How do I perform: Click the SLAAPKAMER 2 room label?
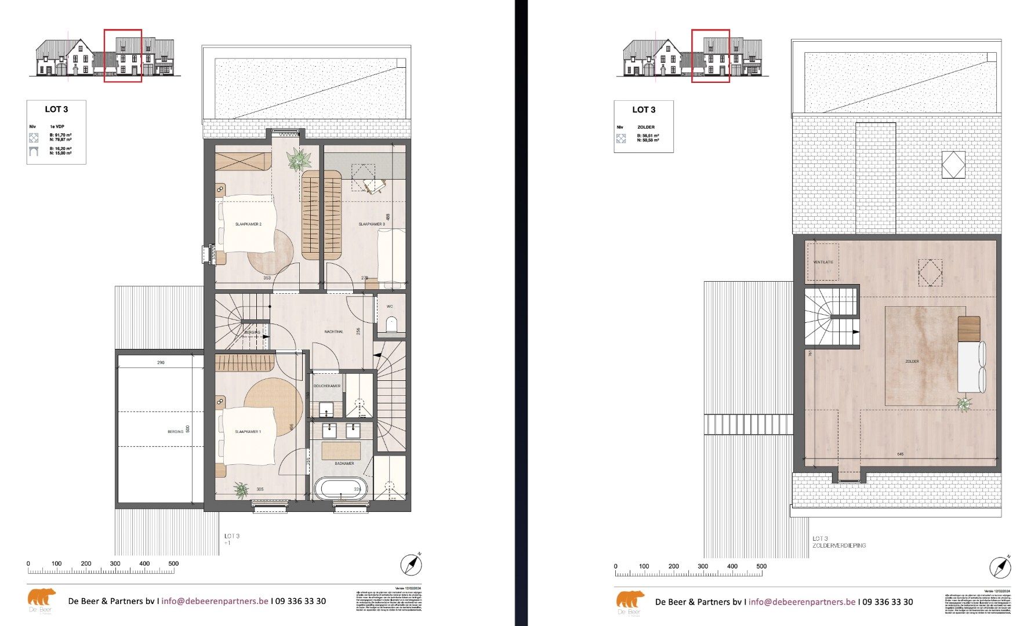248,224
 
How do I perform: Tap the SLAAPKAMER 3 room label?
371,224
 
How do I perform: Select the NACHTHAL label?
333,332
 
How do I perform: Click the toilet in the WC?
391,323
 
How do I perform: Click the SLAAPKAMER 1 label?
248,432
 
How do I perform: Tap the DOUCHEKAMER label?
327,385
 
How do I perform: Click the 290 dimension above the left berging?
161,362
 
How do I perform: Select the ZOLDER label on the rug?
912,361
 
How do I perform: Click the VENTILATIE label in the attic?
823,262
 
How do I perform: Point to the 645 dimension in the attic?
900,454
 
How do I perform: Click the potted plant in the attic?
964,404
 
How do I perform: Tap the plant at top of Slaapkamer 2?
298,158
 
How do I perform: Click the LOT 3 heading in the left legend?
56,109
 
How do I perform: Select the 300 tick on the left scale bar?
115,563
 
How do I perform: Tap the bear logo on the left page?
42,598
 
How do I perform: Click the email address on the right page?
801,602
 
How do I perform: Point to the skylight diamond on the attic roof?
953,165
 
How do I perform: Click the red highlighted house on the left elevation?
123,56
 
